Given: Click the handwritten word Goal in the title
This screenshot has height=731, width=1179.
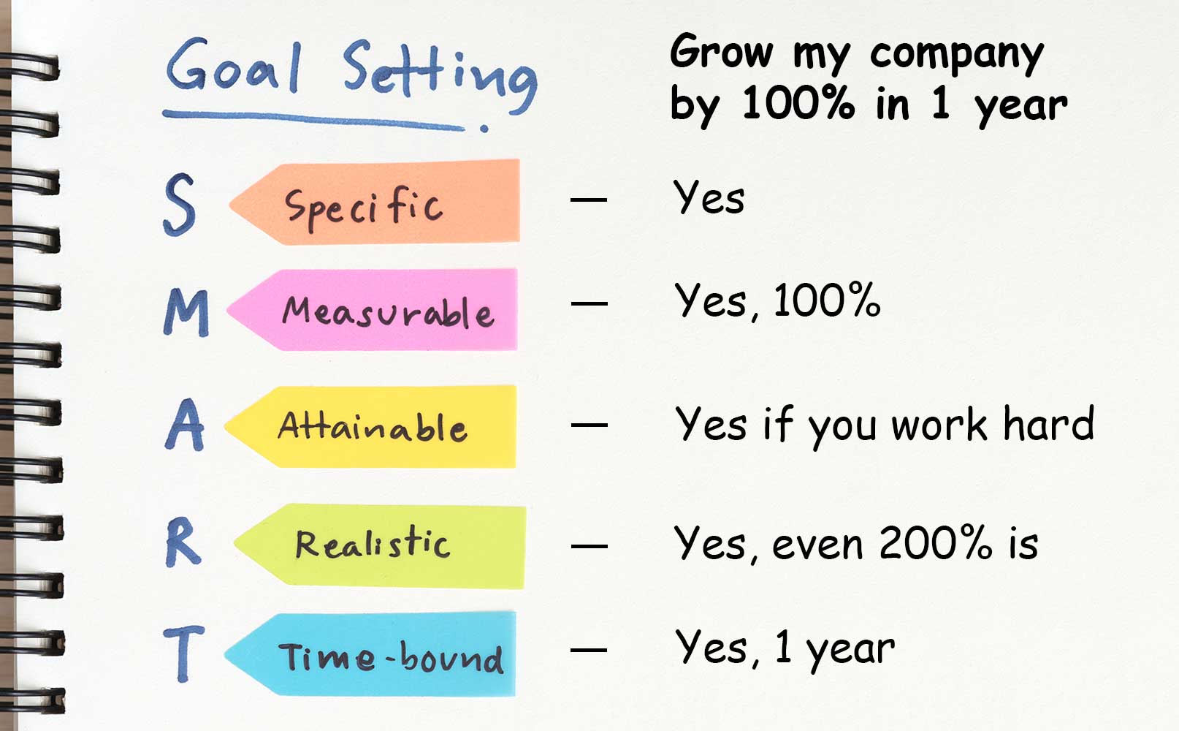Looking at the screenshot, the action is [x=234, y=65].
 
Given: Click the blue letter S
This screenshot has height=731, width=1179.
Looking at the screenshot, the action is [x=180, y=205].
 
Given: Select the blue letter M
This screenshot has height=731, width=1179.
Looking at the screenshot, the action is [x=186, y=312].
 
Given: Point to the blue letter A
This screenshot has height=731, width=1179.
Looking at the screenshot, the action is [x=185, y=425].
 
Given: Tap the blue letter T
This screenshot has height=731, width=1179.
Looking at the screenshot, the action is [x=183, y=654].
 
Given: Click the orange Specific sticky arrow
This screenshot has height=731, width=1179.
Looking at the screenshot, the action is [x=375, y=202].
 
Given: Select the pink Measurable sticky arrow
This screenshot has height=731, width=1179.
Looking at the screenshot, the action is [x=372, y=310].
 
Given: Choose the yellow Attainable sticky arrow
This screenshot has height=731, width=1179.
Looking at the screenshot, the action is [x=370, y=427].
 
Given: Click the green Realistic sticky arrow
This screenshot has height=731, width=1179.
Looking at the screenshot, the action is [x=380, y=546].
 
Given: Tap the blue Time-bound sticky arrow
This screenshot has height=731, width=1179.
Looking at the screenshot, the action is [x=370, y=654].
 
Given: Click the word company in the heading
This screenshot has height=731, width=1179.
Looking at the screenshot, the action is [x=957, y=55].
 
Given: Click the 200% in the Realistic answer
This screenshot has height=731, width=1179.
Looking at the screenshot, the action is [x=936, y=542].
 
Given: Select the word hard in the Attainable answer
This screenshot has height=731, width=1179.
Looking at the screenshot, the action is [x=1048, y=423].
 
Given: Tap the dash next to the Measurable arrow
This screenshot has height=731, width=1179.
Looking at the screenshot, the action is [x=589, y=303].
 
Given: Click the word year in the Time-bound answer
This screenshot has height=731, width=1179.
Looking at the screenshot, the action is [x=850, y=650].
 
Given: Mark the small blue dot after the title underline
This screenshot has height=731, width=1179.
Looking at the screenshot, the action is [x=484, y=128].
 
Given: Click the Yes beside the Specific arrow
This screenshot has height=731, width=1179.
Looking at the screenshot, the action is [x=709, y=197].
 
